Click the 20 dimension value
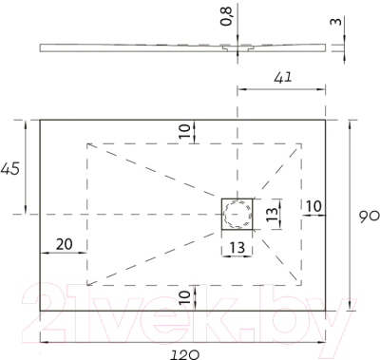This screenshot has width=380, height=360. (65, 244)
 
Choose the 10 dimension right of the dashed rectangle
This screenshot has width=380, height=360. (314, 205)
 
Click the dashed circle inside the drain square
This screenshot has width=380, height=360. (235, 217)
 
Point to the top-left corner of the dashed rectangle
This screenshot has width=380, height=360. (86, 143)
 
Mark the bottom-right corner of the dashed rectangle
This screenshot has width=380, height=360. (302, 284)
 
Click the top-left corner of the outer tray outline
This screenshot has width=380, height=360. (40, 119)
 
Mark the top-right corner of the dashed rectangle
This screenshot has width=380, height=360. (302, 143)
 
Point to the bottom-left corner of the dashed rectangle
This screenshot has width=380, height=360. (86, 284)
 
